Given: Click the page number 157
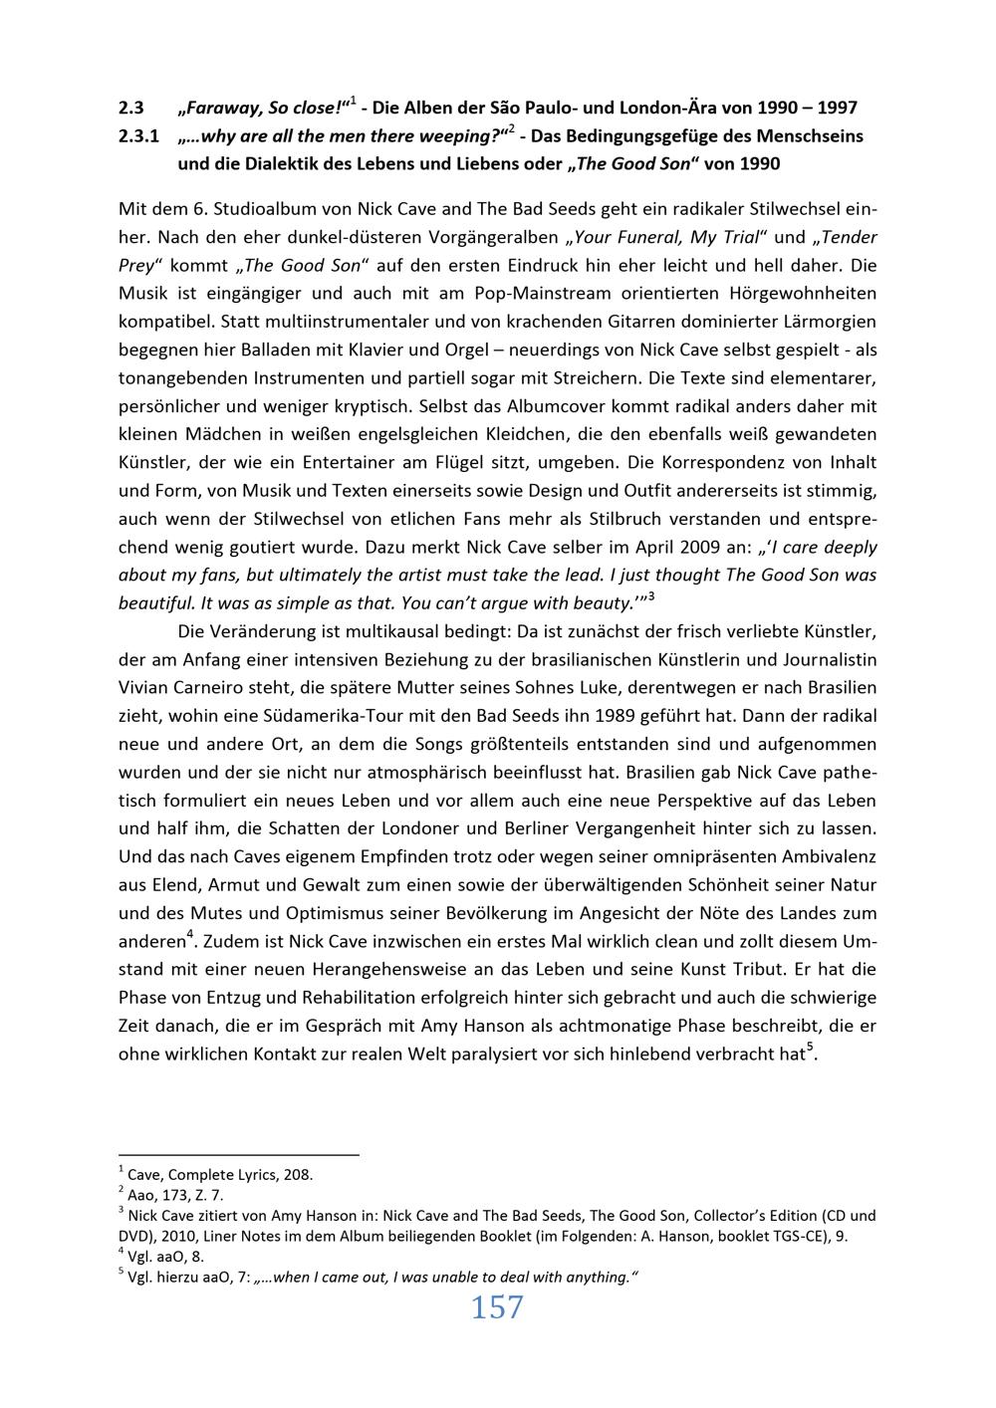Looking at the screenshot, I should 497,1307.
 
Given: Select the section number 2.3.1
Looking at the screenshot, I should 138,135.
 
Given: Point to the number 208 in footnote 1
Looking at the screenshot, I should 299,1174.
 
